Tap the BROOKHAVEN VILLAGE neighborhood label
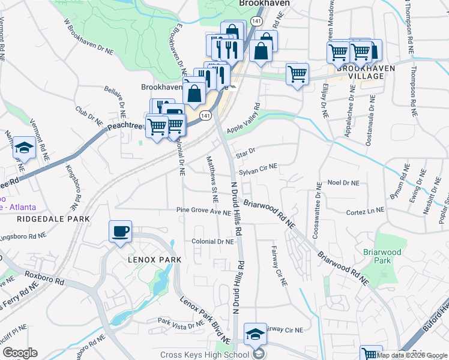[366, 72]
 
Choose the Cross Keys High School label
[204, 355]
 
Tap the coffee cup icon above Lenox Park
[120, 232]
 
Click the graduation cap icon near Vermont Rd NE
[24, 148]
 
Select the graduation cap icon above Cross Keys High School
[255, 334]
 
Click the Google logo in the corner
[19, 353]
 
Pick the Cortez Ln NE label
[364, 211]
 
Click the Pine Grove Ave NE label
[203, 212]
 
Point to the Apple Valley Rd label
[246, 122]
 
